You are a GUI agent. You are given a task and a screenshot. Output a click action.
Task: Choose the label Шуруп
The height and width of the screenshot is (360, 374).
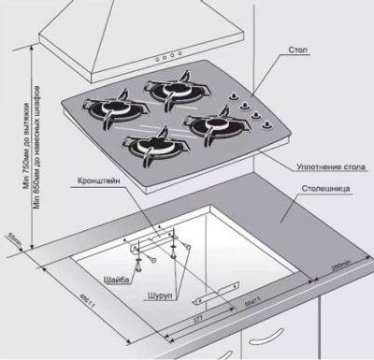158,294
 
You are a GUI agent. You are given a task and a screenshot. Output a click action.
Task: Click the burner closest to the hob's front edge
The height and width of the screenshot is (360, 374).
149,146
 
